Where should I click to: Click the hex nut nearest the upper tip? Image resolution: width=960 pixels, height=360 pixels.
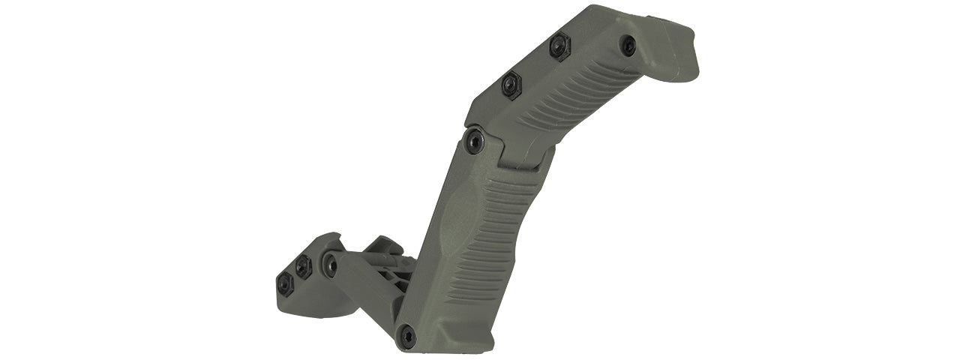point(559,47)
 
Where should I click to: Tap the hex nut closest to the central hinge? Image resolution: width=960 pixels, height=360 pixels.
point(512,84)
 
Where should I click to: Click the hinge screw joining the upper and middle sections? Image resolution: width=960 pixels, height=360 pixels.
point(474,140)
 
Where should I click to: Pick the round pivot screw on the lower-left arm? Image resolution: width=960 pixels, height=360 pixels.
point(330,263)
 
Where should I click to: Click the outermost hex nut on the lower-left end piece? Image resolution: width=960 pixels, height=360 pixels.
point(285,283)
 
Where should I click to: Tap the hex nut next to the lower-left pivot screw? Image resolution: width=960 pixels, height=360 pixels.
point(304,266)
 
